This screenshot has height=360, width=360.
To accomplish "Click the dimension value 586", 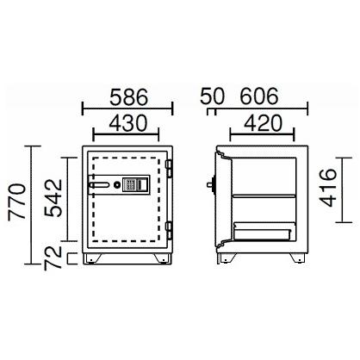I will [127, 94].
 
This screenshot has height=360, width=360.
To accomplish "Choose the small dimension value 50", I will [209, 94].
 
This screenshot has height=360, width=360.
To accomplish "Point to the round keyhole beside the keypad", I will [118, 183].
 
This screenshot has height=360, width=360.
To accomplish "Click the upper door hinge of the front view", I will [171, 165].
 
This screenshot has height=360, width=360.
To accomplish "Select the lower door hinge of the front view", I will [171, 229].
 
